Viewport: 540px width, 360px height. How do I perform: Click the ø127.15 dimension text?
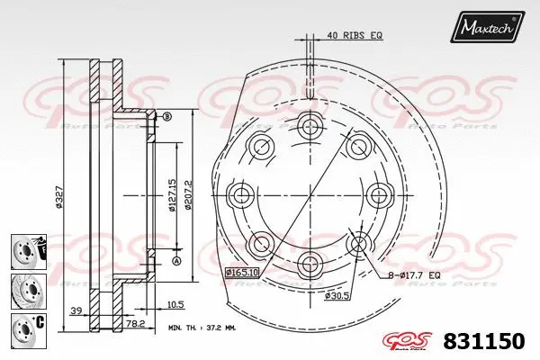pos(169,194)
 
